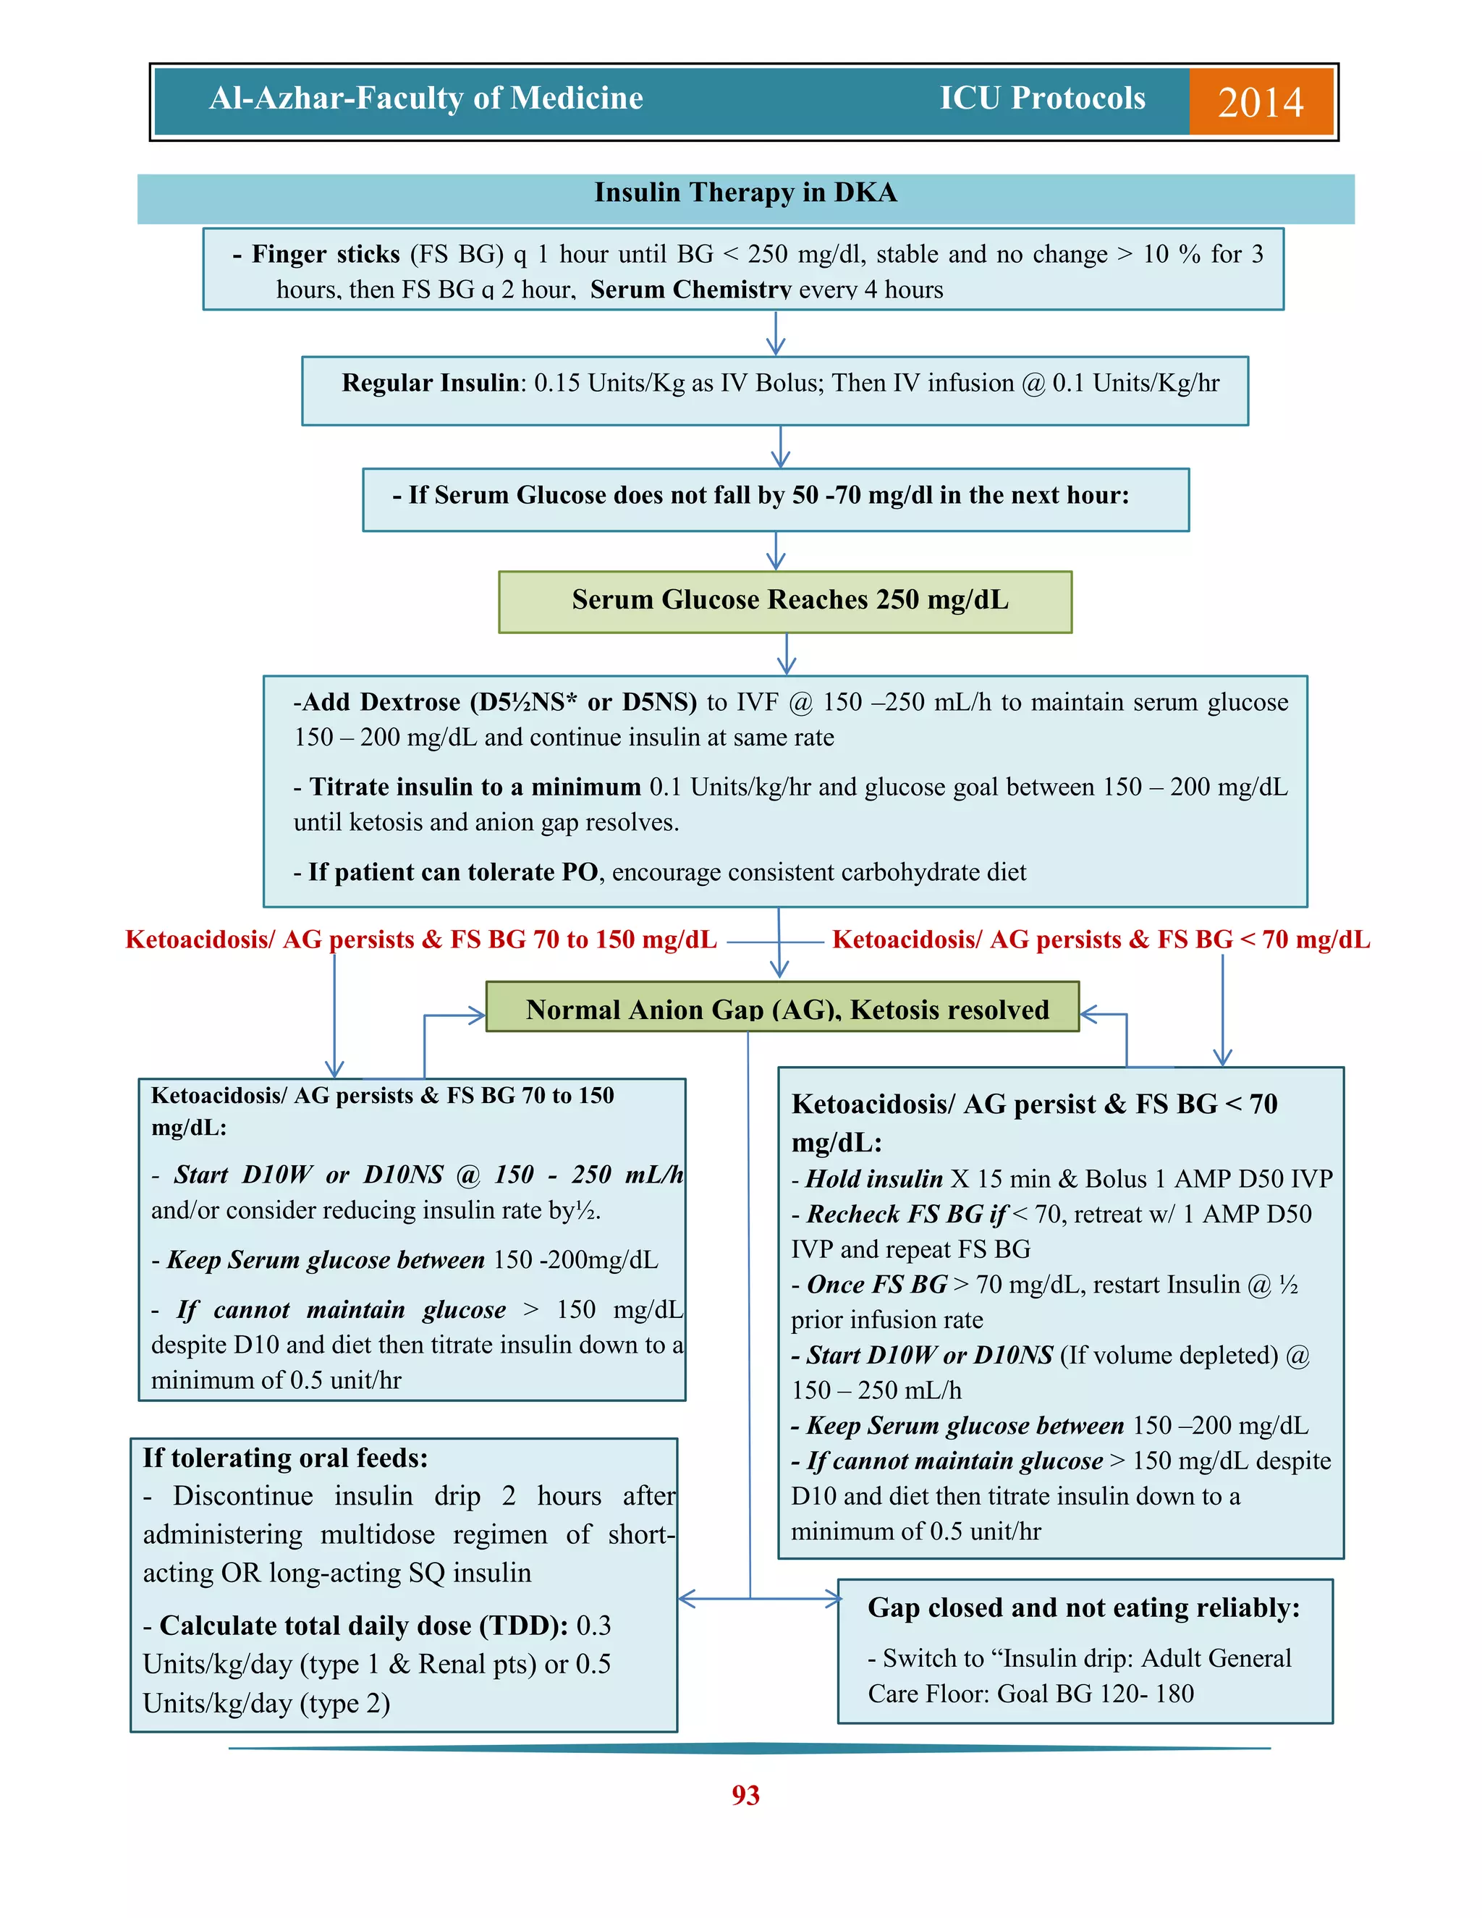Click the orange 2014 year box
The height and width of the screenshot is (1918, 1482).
(x=1260, y=102)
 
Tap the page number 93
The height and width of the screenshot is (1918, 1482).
(x=745, y=1794)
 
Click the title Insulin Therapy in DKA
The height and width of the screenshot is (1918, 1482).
(x=745, y=193)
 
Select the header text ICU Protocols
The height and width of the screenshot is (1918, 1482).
(x=1042, y=98)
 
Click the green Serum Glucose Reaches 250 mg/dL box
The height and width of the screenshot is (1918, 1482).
(x=785, y=601)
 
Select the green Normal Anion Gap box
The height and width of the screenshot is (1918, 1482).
(x=782, y=1008)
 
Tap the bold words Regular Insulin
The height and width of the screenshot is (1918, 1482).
(x=431, y=383)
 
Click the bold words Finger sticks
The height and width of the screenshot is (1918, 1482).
(x=325, y=255)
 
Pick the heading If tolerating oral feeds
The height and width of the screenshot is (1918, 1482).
(x=285, y=1458)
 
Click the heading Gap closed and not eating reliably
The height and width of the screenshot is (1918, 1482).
(x=1083, y=1607)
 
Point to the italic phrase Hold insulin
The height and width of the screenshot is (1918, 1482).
(x=873, y=1178)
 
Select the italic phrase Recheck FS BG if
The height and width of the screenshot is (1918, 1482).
(x=906, y=1214)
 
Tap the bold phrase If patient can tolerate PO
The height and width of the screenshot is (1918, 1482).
(x=453, y=872)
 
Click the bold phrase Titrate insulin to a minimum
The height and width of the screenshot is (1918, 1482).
(x=474, y=787)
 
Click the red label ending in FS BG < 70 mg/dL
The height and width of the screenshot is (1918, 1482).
(x=1101, y=939)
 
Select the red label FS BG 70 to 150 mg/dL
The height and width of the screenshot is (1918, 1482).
(x=420, y=939)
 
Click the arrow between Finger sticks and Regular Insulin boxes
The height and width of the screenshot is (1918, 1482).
(x=775, y=333)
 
